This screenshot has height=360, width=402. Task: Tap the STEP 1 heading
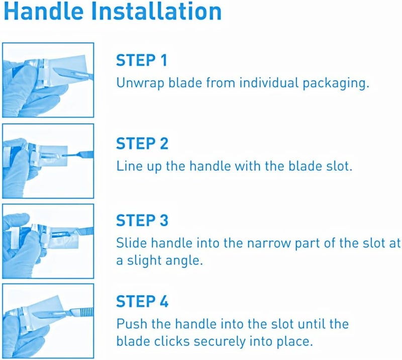[141, 61]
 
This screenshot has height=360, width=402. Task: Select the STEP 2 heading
[142, 143]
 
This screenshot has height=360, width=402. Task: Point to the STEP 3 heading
[142, 220]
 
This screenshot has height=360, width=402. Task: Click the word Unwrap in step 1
[139, 83]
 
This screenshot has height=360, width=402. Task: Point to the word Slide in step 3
[131, 243]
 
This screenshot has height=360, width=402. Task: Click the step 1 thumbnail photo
[48, 80]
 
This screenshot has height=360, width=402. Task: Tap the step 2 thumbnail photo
[48, 161]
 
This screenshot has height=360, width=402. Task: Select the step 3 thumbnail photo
[48, 241]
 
